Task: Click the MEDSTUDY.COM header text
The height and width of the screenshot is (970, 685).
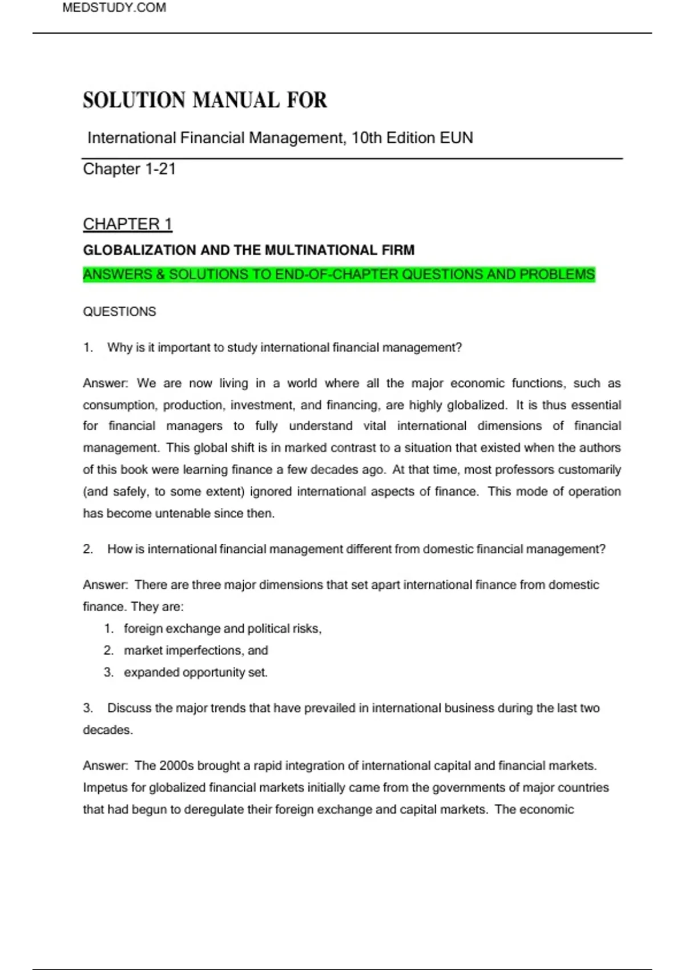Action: click(114, 8)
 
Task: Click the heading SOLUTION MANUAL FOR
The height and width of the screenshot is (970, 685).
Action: click(205, 100)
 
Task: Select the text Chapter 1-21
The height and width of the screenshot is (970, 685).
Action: click(129, 169)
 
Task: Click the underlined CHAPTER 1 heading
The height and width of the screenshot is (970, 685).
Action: click(127, 224)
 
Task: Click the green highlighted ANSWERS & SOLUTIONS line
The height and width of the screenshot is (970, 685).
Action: click(339, 275)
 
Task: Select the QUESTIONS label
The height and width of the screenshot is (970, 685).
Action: click(119, 312)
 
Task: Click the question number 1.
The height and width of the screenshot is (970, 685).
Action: click(88, 347)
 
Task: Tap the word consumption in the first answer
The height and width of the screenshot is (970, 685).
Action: click(119, 405)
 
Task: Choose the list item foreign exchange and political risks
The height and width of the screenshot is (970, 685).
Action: click(223, 629)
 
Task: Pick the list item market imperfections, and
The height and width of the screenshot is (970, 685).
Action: click(196, 650)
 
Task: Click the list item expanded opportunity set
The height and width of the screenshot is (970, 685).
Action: click(195, 673)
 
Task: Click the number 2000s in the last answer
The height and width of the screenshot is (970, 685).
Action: click(176, 766)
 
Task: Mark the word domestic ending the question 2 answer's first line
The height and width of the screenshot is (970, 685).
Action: click(574, 585)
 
